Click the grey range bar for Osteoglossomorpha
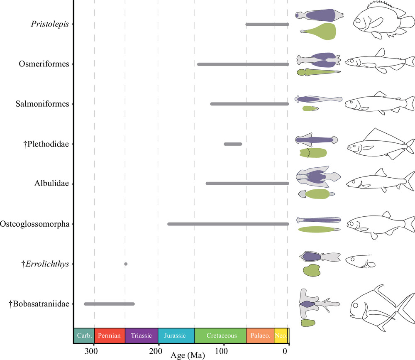click(228, 224)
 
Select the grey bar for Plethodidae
click(233, 144)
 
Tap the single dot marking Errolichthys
click(126, 264)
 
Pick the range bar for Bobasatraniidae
click(109, 304)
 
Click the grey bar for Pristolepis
click(267, 24)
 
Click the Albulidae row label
click(52, 184)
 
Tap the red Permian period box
click(110, 336)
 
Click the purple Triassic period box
click(141, 336)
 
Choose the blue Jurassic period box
click(176, 336)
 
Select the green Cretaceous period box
click(220, 336)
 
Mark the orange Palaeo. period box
click(260, 336)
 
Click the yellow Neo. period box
click(281, 336)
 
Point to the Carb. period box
click(84, 336)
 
